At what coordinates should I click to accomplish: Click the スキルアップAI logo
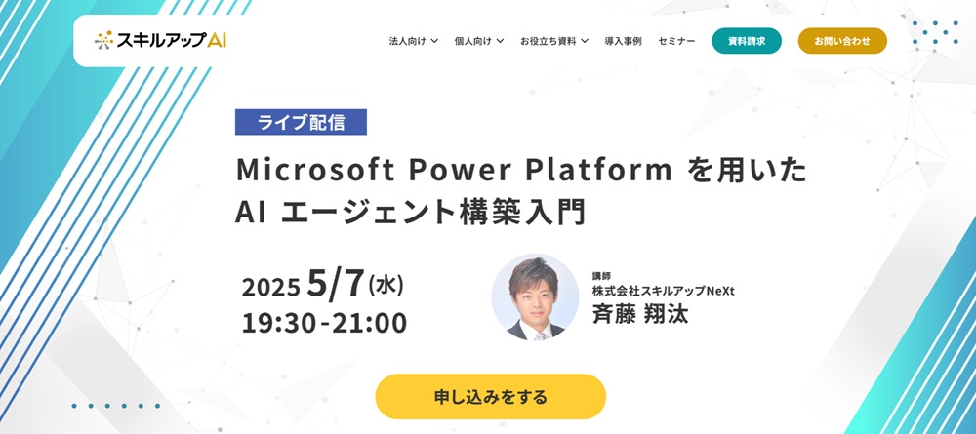tap(161, 41)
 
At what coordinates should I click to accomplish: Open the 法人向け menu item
tap(413, 41)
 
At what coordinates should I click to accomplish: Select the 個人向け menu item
tap(478, 41)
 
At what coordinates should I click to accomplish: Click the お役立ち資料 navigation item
tap(553, 41)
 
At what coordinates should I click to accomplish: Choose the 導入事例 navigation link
tap(623, 41)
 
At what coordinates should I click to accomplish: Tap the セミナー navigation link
tap(676, 41)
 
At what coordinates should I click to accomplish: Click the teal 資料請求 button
tap(747, 41)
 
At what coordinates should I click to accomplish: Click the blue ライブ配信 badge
tap(301, 122)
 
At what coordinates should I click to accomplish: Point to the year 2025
tap(271, 288)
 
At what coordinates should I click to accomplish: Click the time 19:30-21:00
tap(324, 323)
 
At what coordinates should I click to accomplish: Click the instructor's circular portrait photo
tap(535, 297)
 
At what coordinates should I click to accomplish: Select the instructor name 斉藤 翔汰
tap(639, 315)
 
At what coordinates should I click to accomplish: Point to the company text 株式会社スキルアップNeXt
tap(663, 291)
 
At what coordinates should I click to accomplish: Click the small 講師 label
tap(601, 276)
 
